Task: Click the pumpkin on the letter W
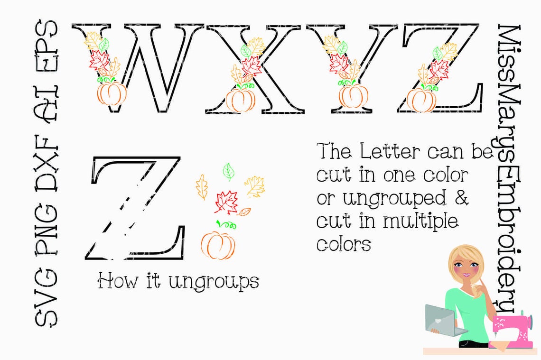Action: tap(112, 93)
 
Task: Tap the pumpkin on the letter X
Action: tap(240, 100)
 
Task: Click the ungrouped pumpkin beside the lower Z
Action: tap(218, 244)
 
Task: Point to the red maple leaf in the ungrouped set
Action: tap(226, 202)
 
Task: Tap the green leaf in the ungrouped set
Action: tap(229, 172)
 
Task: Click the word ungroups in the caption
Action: tap(214, 282)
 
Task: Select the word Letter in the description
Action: tap(390, 152)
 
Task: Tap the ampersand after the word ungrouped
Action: tap(461, 198)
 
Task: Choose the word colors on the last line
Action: tap(344, 244)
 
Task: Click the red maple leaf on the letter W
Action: tap(99, 60)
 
